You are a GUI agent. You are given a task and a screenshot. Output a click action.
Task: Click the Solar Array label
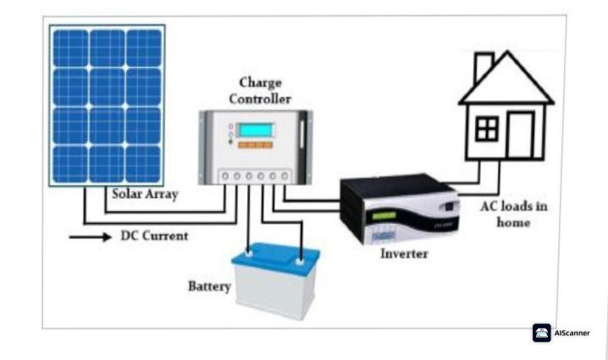146,193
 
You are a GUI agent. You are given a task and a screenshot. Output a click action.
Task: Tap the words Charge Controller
260,91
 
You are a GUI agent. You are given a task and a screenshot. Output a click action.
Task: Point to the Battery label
208,286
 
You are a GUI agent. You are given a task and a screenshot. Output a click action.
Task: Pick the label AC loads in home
493,214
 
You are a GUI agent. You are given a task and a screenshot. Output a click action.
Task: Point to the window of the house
486,129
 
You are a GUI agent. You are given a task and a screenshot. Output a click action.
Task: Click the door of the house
521,136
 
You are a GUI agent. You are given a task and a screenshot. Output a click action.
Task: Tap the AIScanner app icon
542,333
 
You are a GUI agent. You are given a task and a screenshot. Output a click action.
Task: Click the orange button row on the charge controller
255,146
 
